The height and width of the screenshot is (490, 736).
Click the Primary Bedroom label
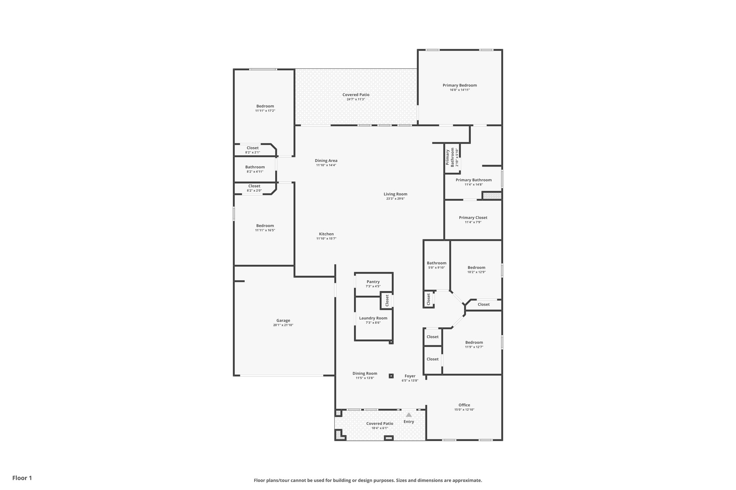(459, 85)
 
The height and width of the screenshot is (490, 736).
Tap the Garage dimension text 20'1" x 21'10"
(283, 325)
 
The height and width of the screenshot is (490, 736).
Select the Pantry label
(373, 282)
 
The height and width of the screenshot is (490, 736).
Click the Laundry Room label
(373, 318)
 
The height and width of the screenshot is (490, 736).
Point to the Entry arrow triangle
(409, 415)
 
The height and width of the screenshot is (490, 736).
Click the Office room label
(464, 405)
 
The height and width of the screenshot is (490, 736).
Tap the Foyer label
(410, 376)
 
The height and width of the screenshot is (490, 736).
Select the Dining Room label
(365, 373)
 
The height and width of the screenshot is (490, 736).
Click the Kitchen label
(326, 234)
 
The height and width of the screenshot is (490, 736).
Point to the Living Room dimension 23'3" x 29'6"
(395, 199)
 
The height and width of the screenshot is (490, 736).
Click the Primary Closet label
(473, 218)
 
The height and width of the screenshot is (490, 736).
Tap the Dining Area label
(326, 161)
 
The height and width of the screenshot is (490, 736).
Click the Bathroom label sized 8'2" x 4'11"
(255, 167)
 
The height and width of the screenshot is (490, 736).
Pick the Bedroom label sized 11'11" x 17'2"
(265, 106)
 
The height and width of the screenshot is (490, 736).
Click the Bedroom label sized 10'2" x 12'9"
(476, 267)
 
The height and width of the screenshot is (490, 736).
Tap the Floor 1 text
(22, 478)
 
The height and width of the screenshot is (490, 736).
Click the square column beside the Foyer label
(391, 376)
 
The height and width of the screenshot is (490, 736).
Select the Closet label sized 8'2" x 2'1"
(252, 148)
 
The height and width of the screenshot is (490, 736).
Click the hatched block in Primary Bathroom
(492, 196)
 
